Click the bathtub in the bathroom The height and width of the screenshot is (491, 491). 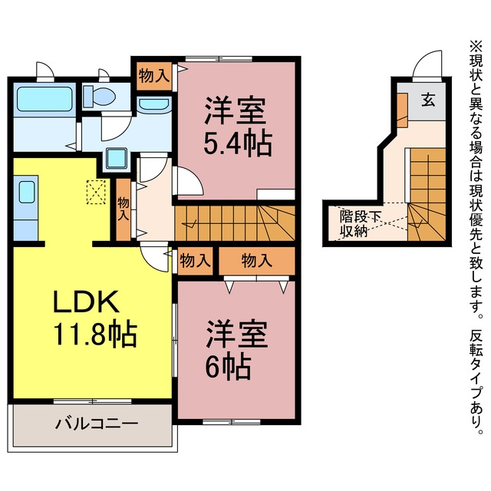click(45, 99)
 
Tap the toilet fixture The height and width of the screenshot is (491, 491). click(99, 97)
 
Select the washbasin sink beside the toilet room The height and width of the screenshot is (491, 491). click(154, 105)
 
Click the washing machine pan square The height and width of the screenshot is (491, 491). click(117, 158)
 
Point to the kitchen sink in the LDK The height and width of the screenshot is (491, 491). click(27, 193)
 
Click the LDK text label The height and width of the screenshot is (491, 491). click(87, 302)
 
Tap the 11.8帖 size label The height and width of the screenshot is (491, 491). click(95, 334)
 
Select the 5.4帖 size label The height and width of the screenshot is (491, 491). click(237, 143)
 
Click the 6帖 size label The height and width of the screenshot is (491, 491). click(228, 367)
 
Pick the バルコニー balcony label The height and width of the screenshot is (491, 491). click(97, 424)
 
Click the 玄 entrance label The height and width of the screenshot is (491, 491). click(428, 100)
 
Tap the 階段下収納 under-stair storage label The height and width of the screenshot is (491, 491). click(360, 224)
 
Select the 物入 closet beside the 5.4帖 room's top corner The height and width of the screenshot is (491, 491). click(154, 76)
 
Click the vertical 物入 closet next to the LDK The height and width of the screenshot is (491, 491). click(124, 209)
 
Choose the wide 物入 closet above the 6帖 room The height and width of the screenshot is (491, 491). click(257, 261)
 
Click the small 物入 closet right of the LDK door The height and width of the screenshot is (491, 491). click(195, 261)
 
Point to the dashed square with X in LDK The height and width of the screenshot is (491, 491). click(96, 192)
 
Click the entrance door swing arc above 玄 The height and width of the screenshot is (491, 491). click(427, 64)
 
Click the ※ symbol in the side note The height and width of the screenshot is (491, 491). click(476, 47)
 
